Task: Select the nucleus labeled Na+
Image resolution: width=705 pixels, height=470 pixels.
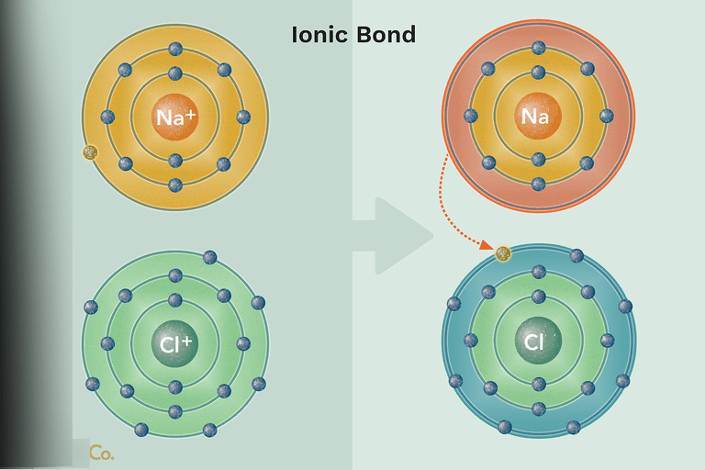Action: (x=174, y=117)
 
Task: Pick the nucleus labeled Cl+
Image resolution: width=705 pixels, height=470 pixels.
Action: (x=174, y=344)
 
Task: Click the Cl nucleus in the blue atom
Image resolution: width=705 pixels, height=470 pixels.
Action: (x=538, y=341)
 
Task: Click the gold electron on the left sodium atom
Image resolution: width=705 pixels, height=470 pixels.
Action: (x=90, y=152)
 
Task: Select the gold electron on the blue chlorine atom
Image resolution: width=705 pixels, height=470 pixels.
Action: (x=503, y=253)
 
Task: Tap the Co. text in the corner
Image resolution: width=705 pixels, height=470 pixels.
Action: (x=101, y=453)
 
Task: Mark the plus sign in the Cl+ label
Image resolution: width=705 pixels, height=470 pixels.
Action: (x=188, y=341)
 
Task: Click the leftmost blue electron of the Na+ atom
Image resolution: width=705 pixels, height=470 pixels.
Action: (x=107, y=117)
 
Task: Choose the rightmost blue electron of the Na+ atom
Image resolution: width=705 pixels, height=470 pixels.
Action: (x=243, y=117)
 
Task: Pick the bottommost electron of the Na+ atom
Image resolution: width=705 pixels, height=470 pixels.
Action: (x=175, y=185)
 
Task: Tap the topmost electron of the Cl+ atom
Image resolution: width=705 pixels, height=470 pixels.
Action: (x=210, y=257)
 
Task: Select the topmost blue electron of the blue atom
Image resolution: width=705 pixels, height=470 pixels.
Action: (x=576, y=255)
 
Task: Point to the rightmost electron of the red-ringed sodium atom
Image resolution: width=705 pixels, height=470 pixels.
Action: (x=606, y=116)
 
